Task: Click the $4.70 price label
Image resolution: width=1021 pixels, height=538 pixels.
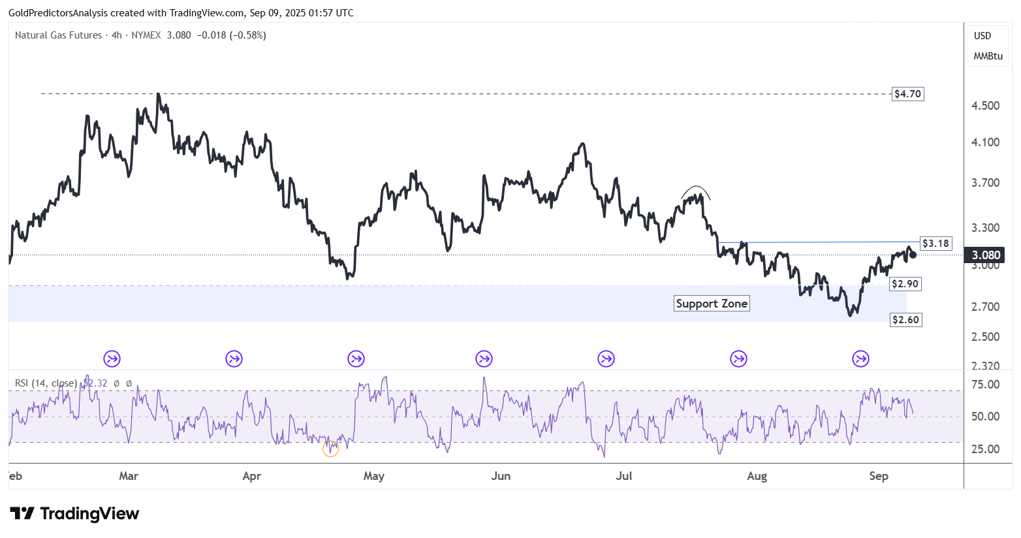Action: [x=907, y=94]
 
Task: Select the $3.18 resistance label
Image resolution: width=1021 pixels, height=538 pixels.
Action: [x=935, y=244]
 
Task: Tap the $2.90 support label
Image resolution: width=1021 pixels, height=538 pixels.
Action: [x=905, y=284]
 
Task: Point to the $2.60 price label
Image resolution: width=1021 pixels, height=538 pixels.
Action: [x=905, y=320]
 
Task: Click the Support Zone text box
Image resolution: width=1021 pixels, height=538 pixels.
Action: [x=712, y=304]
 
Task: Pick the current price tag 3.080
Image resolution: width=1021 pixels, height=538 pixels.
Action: [x=985, y=255]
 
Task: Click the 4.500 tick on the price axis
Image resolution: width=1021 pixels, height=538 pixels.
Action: [x=985, y=106]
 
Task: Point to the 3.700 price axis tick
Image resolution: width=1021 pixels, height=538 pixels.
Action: [x=985, y=183]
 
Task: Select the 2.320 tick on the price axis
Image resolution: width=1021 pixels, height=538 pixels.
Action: [x=985, y=366]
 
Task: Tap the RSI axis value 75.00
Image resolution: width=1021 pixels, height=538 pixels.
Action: [x=985, y=385]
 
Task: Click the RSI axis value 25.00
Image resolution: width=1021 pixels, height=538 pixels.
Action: [x=985, y=449]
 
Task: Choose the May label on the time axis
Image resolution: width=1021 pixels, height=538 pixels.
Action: [x=373, y=476]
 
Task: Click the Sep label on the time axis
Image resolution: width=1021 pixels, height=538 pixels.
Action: [x=879, y=476]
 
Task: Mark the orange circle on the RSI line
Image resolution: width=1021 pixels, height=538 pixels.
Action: [x=331, y=449]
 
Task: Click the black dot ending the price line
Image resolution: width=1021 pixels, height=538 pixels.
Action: [x=913, y=254]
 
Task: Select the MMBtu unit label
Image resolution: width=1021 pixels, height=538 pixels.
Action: [x=988, y=56]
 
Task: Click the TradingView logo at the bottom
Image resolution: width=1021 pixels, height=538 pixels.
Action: [x=74, y=514]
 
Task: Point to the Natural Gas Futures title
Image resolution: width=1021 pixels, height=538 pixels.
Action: [x=59, y=35]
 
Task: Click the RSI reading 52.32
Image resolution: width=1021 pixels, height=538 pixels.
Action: [x=97, y=383]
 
